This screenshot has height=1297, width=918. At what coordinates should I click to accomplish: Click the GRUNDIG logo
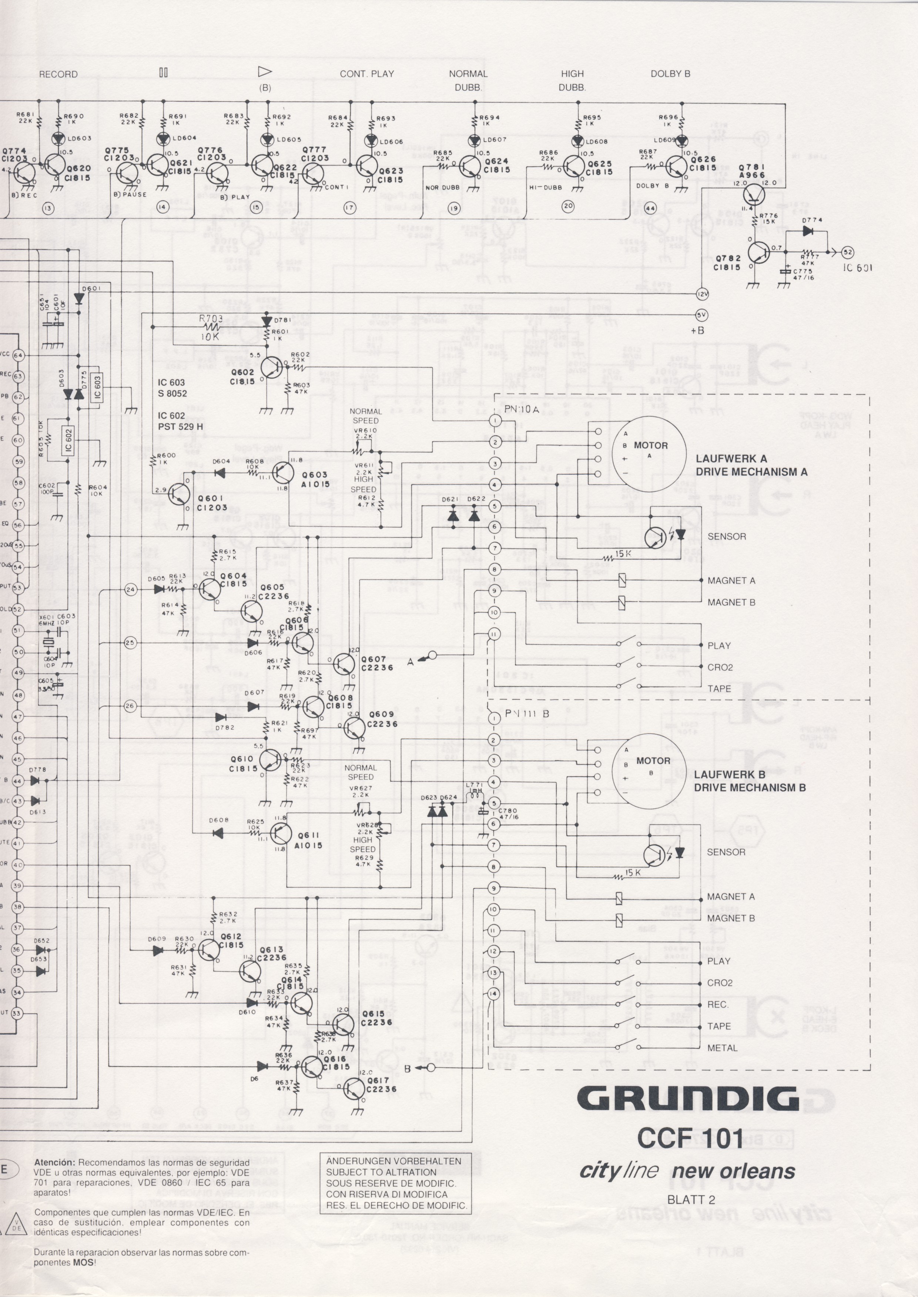point(688,1099)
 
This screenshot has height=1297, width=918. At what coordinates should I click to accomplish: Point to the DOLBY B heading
point(670,74)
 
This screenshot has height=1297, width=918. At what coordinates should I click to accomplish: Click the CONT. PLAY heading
point(367,74)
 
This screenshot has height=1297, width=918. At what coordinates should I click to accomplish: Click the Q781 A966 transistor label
point(751,171)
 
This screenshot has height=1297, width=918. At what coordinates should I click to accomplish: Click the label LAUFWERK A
point(731,459)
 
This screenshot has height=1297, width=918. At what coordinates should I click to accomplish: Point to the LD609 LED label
point(665,140)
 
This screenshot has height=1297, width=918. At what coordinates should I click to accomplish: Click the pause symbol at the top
point(163,73)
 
